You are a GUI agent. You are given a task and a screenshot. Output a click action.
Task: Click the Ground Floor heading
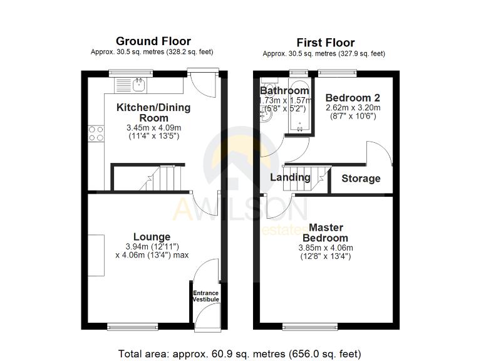[x=153, y=42]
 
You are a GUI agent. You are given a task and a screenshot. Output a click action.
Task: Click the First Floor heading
[x=325, y=43]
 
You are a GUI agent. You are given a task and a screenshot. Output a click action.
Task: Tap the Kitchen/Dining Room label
[x=153, y=113]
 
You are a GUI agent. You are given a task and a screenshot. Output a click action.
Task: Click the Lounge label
[x=152, y=237]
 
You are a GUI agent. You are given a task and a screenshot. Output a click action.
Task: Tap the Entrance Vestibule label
[x=205, y=296]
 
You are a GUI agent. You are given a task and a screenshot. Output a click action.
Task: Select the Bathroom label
[x=284, y=91]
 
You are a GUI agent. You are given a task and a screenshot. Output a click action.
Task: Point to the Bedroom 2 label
[x=353, y=98]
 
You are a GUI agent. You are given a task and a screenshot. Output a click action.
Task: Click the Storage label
[x=361, y=179]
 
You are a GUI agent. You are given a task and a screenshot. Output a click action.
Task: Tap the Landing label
[x=290, y=177]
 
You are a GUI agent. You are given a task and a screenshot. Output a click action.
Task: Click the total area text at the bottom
[x=240, y=353]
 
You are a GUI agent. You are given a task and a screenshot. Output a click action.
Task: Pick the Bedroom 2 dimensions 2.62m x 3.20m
[x=353, y=108]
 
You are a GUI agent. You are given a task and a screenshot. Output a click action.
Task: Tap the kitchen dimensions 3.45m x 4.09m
[x=153, y=128]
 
